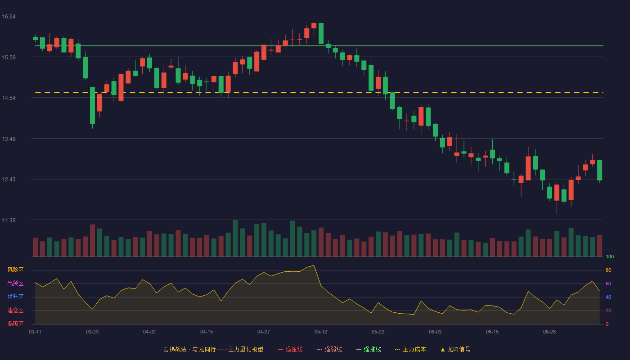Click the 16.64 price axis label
(x=9, y=17)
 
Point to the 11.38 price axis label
(x=9, y=220)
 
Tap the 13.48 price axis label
(x=9, y=139)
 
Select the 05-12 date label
(x=320, y=332)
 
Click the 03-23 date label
(x=92, y=332)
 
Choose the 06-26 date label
(x=549, y=332)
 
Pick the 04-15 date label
(x=207, y=332)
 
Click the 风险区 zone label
(x=15, y=270)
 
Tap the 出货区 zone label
(x=15, y=283)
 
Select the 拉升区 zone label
(x=15, y=297)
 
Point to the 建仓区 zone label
(x=15, y=310)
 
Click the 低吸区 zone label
(x=15, y=324)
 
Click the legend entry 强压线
(x=290, y=349)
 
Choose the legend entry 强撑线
(x=369, y=349)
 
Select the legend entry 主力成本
(x=410, y=349)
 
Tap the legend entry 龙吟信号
(x=455, y=349)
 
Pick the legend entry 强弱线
(x=329, y=349)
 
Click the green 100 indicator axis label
(x=610, y=256)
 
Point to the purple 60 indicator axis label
(x=608, y=283)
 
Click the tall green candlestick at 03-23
(x=92, y=105)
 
